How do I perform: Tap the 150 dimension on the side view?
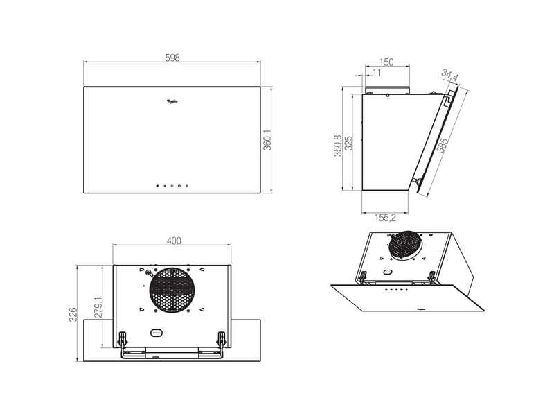tap(386, 62)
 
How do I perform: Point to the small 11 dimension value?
tap(377, 73)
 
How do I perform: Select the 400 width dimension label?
tap(174, 241)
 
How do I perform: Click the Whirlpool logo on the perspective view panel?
tap(416, 301)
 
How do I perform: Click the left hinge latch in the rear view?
tap(123, 339)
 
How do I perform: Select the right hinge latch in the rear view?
tap(222, 339)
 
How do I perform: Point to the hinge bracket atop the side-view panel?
tap(450, 97)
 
